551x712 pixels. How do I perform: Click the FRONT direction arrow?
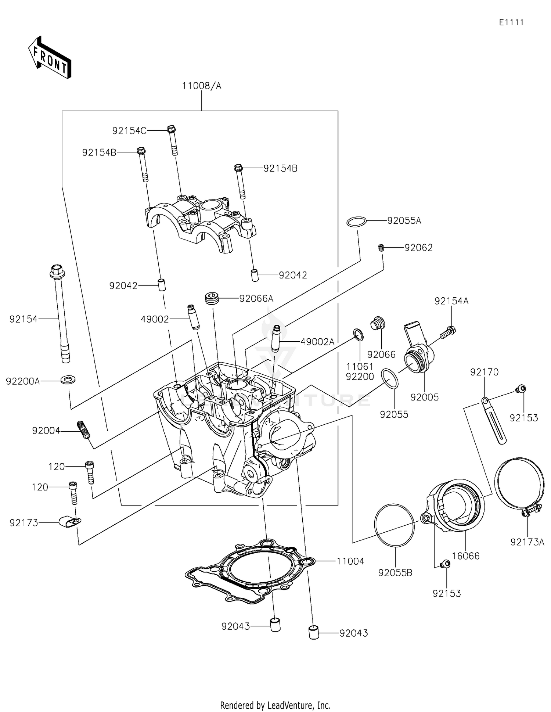[50, 57]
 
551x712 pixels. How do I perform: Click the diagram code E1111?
[511, 22]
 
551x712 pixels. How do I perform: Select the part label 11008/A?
[202, 86]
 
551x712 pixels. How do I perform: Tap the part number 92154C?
[129, 131]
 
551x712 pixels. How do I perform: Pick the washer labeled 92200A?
[68, 378]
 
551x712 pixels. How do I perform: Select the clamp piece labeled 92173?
[69, 521]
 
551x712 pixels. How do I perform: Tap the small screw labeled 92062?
[381, 248]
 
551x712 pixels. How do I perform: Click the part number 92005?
[424, 397]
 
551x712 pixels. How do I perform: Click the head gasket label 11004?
[350, 561]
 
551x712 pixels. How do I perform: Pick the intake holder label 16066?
[465, 556]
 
